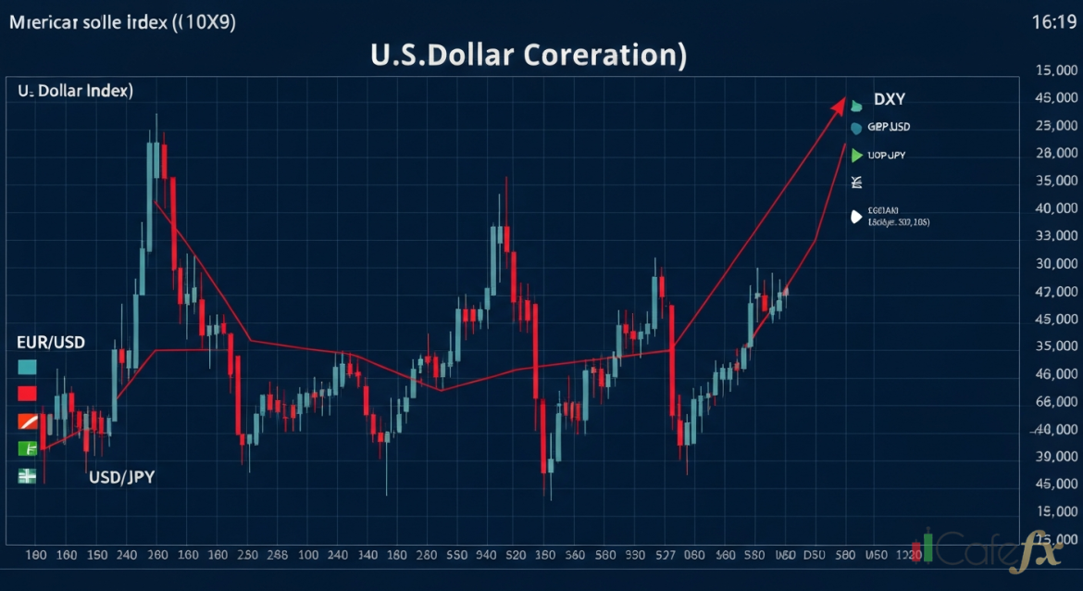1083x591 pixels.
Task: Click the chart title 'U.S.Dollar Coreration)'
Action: coord(529,54)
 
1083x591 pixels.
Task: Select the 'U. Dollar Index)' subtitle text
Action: coord(75,91)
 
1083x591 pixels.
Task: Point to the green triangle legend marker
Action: coord(857,156)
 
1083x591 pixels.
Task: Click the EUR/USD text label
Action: coord(50,343)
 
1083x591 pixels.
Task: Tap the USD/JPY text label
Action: coord(121,478)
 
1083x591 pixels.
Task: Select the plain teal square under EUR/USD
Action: coord(27,367)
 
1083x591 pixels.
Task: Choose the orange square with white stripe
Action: coord(27,421)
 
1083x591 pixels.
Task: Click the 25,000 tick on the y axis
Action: coord(1056,125)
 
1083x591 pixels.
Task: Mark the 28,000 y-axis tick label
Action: coord(1056,153)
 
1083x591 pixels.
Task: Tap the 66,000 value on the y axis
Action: coord(1056,401)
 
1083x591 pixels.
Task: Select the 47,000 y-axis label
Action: coord(1056,292)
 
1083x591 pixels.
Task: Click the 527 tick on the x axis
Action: coord(664,556)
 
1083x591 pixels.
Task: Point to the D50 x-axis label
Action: coord(814,556)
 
